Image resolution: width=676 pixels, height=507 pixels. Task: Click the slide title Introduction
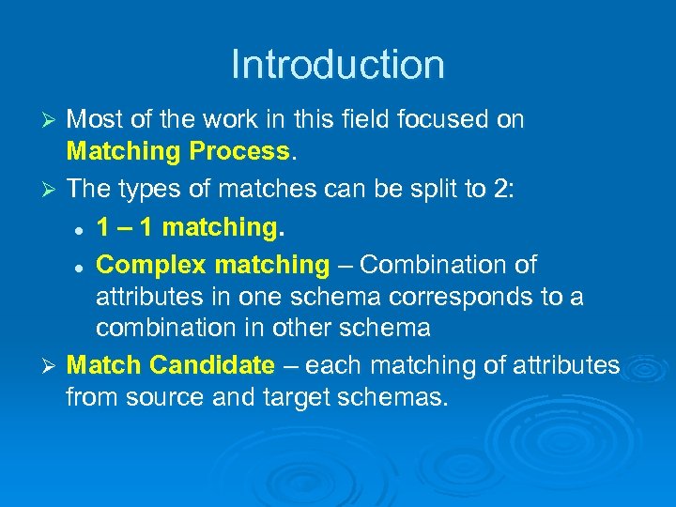coord(337,65)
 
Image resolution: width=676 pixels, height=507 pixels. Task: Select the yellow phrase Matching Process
coord(177,150)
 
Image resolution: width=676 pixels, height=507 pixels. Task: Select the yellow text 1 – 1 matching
coord(191,226)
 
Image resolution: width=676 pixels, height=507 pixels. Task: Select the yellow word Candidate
coord(212,364)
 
